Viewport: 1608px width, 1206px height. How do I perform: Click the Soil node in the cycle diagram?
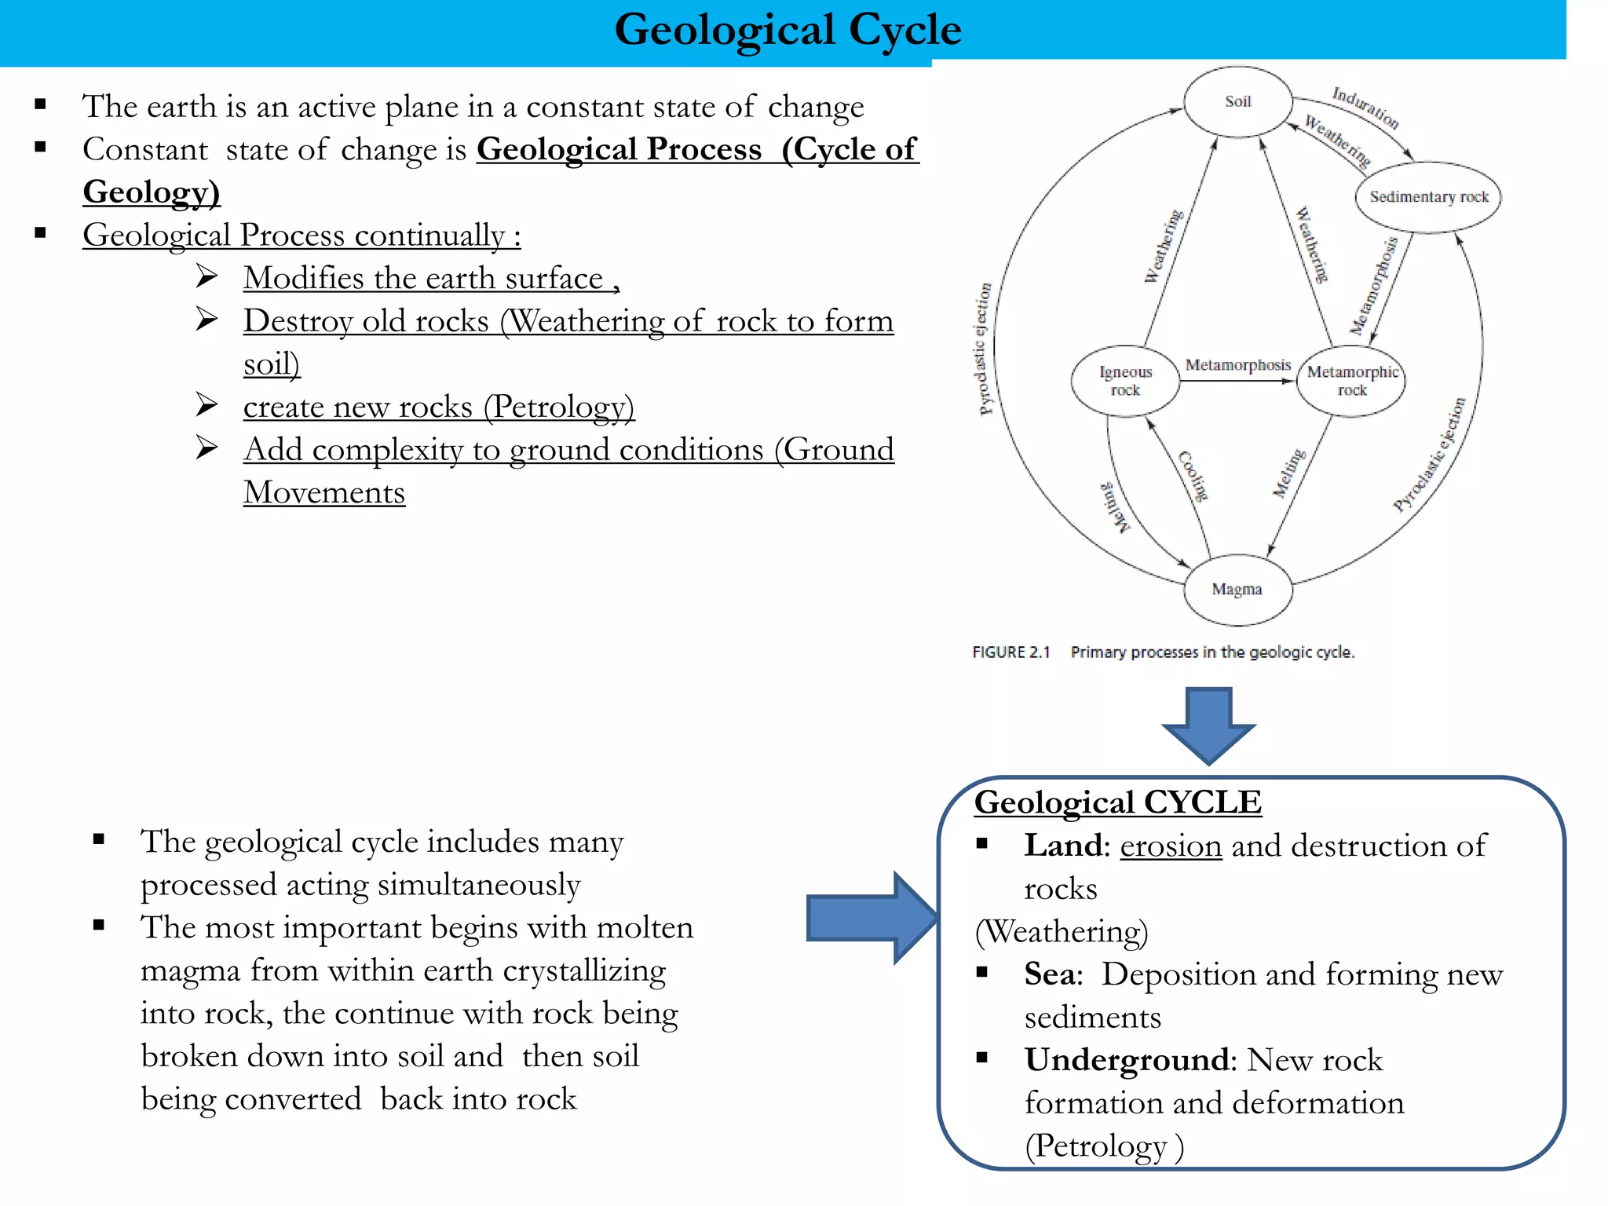coord(1237,102)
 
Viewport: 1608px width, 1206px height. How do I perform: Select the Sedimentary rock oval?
coord(1428,197)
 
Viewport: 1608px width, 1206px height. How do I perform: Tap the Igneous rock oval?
coord(1125,381)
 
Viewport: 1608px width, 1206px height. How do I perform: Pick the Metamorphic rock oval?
coord(1351,381)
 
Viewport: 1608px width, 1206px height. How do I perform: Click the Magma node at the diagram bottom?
coord(1237,589)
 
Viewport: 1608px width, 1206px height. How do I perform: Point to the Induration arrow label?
coord(1365,108)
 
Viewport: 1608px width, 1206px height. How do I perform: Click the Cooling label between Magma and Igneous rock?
coord(1193,476)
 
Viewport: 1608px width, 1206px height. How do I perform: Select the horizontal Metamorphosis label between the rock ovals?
coord(1237,365)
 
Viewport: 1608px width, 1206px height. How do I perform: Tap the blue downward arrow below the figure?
coord(1208,724)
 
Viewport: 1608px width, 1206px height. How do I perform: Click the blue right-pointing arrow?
coord(872,917)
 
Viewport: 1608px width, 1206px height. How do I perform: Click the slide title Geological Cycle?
coord(788,30)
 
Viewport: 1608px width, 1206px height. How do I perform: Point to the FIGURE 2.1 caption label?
coord(1010,652)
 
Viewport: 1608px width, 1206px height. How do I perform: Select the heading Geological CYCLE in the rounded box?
coord(1117,802)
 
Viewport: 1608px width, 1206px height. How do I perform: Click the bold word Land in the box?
coord(1064,846)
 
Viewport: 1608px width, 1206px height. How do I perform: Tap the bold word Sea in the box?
coord(1050,974)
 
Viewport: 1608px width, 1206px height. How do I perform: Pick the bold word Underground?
coord(1126,1060)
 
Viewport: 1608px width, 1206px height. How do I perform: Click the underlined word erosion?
coord(1171,846)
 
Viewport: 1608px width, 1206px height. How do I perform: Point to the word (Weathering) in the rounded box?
coord(1061,932)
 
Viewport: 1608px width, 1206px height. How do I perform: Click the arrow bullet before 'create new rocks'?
coord(207,405)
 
